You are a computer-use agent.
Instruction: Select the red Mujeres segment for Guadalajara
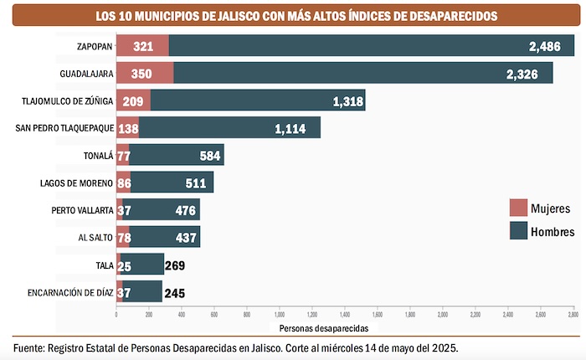coord(145,74)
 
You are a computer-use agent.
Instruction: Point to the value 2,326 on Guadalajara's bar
coord(522,74)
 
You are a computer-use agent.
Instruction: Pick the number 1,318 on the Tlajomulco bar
coord(347,101)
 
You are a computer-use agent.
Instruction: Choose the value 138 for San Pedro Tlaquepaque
coord(126,129)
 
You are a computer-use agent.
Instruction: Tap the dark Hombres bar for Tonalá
coord(177,156)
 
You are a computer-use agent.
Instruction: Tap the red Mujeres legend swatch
coord(518,208)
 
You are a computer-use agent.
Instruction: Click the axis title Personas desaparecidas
coord(344,327)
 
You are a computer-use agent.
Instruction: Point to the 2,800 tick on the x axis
coord(573,314)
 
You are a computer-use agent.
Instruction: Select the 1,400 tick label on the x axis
coord(345,314)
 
